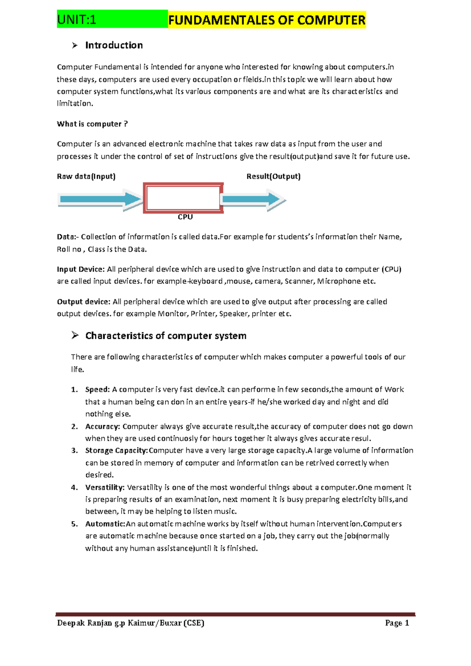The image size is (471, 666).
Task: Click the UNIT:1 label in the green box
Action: (77, 20)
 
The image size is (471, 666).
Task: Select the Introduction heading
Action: (114, 46)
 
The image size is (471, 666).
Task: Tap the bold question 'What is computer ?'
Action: (92, 124)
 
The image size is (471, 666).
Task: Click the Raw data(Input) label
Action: (86, 176)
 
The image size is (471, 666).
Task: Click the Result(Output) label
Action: (273, 176)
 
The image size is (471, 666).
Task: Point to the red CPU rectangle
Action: (183, 198)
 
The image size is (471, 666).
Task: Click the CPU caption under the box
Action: (185, 217)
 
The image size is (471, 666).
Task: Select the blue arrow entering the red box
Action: (100, 199)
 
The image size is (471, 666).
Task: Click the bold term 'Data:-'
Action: (68, 237)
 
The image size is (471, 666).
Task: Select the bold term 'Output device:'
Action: (84, 302)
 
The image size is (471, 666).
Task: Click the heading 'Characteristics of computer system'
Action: (166, 336)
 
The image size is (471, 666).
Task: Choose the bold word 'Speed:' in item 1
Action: (98, 390)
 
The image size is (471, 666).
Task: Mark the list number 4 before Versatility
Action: (75, 487)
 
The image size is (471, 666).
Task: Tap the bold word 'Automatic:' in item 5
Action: (105, 524)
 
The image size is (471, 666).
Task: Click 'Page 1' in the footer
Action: (397, 623)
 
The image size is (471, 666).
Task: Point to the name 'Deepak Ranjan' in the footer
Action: (84, 623)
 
